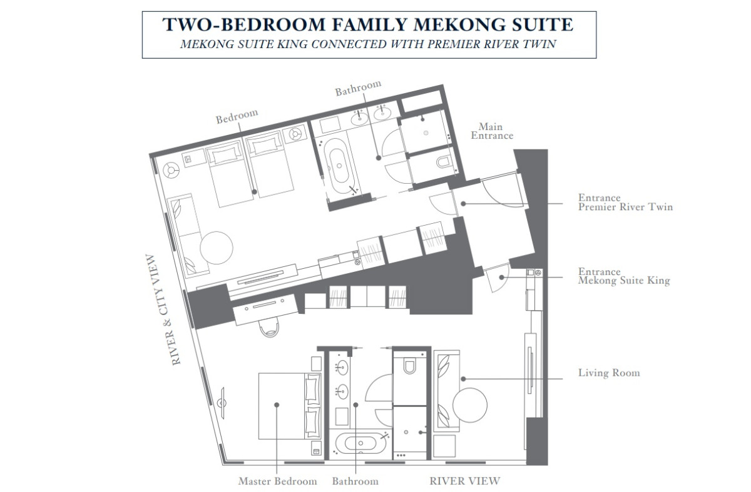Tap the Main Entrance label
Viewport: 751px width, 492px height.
click(x=492, y=131)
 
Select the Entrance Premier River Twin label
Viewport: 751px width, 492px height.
click(x=625, y=203)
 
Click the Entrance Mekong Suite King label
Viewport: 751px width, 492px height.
click(x=624, y=276)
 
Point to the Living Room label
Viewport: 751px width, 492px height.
click(x=609, y=373)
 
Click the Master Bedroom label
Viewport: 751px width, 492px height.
click(x=277, y=481)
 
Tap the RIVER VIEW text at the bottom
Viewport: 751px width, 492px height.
click(x=464, y=481)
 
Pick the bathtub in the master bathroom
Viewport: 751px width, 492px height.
click(x=360, y=443)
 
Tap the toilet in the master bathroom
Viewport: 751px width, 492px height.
click(x=409, y=366)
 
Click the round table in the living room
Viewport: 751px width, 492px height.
click(x=470, y=405)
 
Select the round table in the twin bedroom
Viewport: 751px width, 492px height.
click(x=217, y=248)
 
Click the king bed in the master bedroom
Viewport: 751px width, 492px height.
click(x=290, y=406)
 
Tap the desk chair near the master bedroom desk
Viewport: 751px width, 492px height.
click(x=269, y=327)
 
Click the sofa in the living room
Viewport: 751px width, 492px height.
click(x=447, y=391)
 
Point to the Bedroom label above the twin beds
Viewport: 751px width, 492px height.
click(x=237, y=116)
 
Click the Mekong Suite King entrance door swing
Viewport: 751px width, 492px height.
click(x=498, y=278)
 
